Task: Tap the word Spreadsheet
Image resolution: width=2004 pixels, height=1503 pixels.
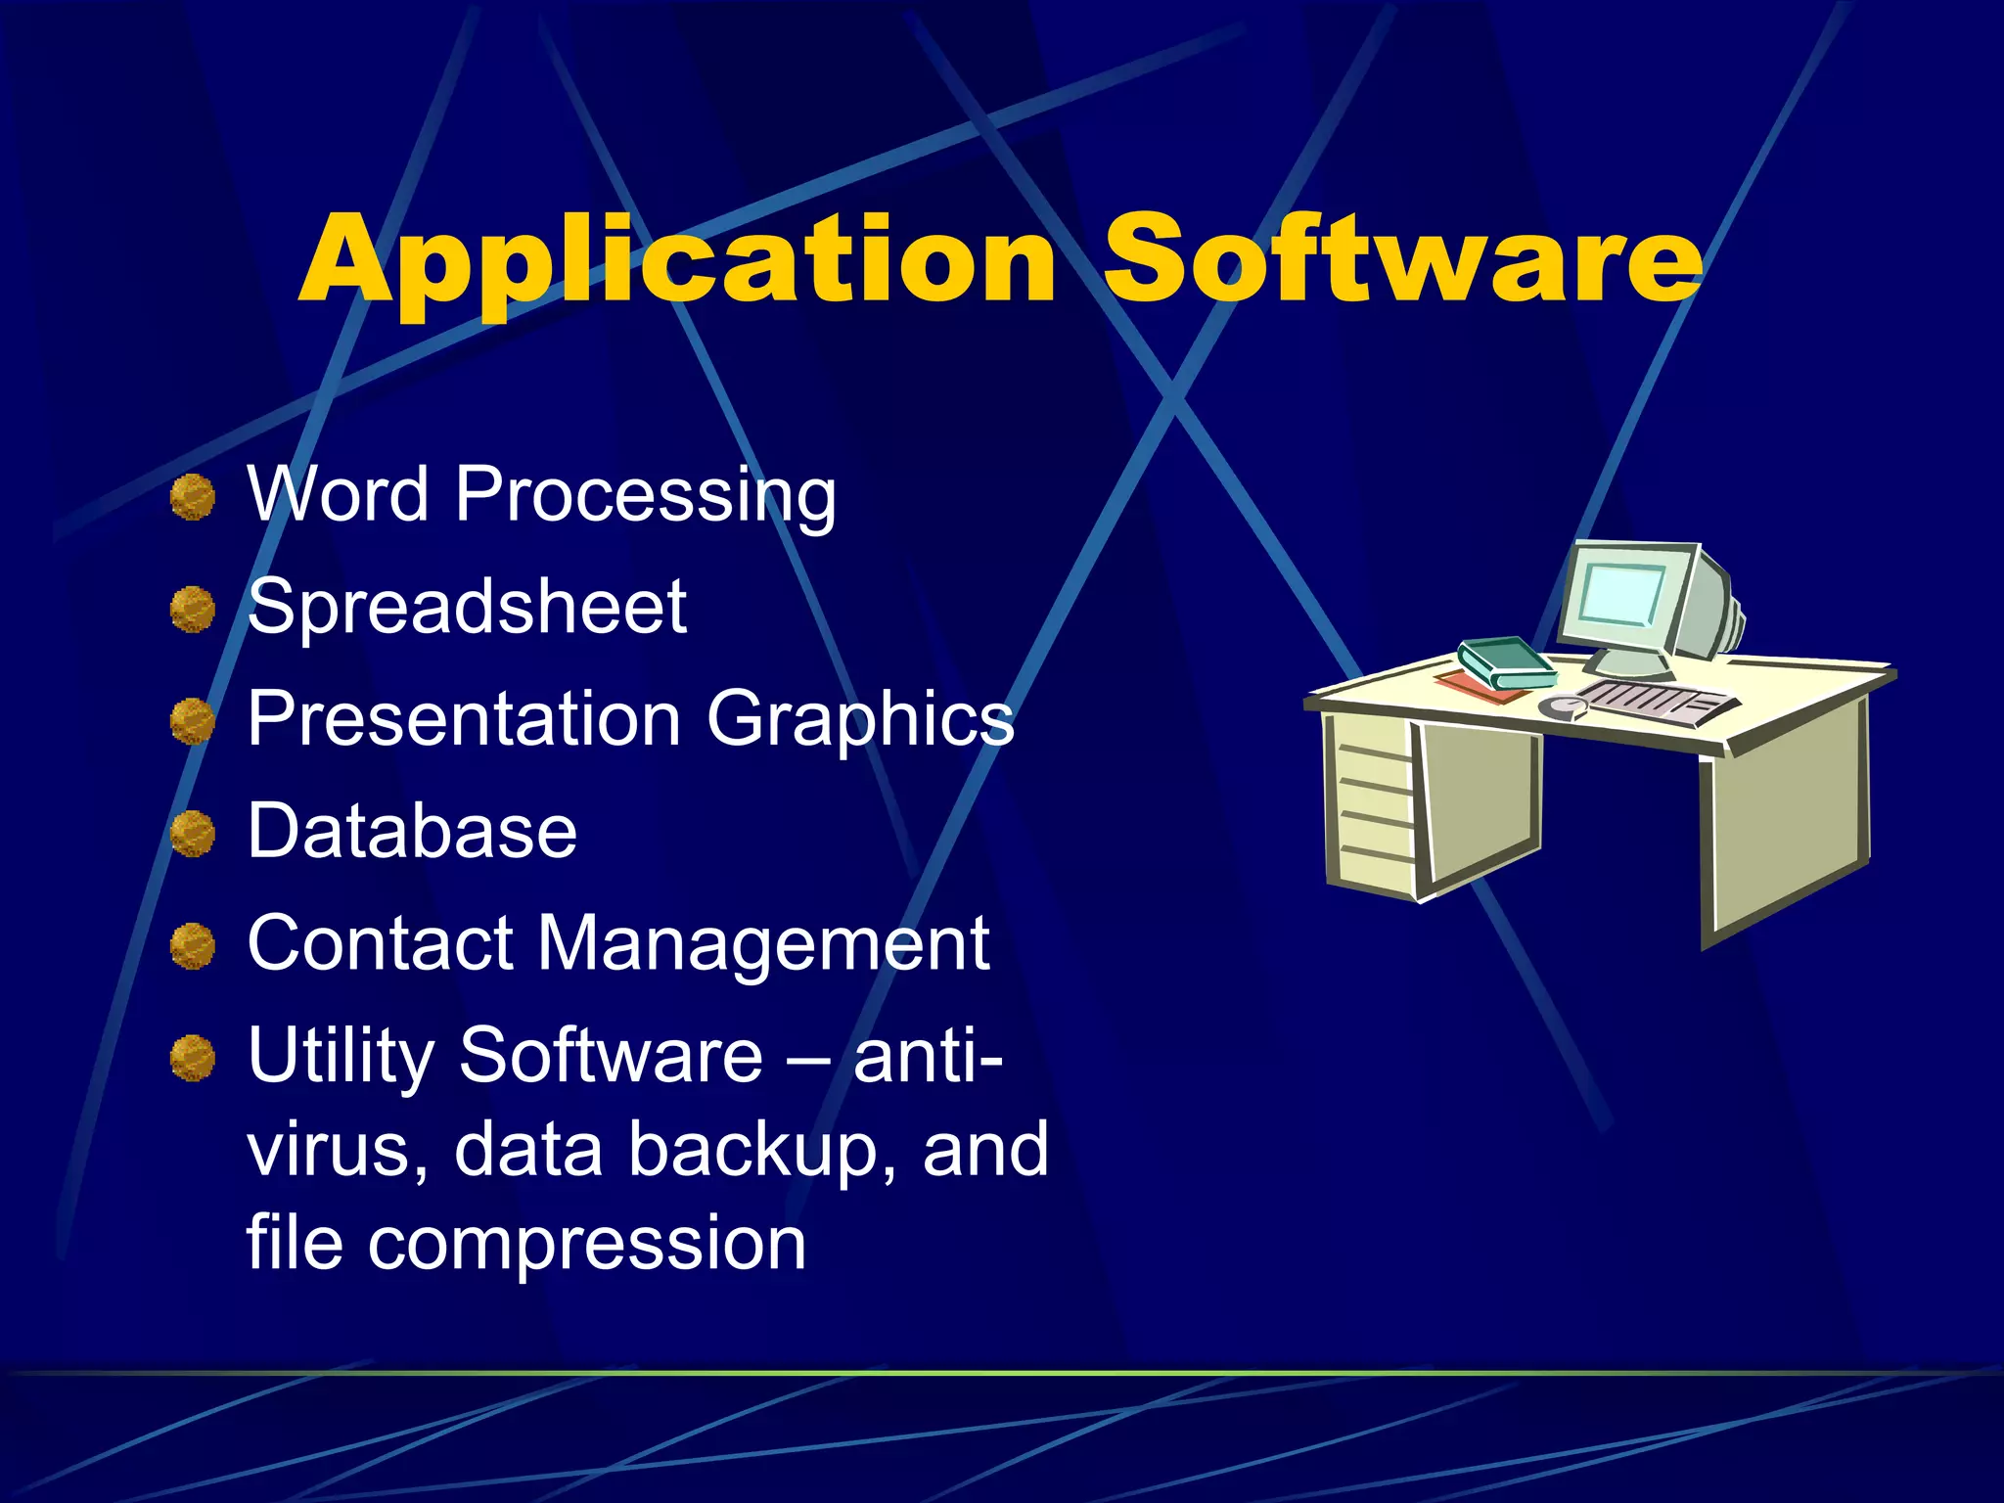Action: [x=467, y=607]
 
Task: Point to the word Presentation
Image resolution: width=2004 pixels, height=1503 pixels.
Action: [x=464, y=718]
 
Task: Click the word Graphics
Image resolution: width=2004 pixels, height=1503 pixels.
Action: [x=860, y=720]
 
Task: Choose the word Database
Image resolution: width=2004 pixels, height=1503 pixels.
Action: [x=412, y=831]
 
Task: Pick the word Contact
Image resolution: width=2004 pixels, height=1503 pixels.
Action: [x=380, y=943]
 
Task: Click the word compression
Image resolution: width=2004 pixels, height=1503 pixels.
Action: [x=586, y=1243]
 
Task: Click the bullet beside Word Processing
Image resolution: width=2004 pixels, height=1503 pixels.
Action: [x=193, y=497]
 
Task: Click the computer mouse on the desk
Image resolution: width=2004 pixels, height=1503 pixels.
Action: [x=1563, y=706]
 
